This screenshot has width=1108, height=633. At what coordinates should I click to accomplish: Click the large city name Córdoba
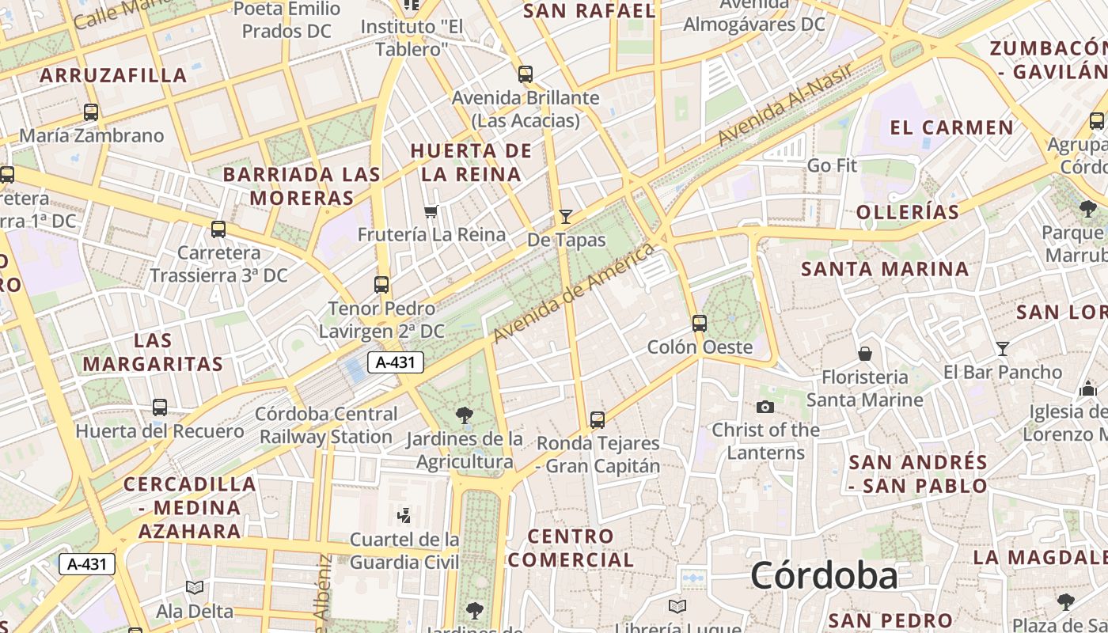(824, 575)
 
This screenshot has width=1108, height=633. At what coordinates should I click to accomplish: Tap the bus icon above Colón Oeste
(699, 323)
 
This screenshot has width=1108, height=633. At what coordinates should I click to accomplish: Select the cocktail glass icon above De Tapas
(565, 216)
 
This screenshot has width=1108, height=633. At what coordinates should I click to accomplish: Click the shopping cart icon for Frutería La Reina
(431, 211)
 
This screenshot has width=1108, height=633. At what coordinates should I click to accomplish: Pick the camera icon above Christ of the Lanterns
(765, 407)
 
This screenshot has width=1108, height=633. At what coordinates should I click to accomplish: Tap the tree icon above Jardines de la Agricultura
(465, 415)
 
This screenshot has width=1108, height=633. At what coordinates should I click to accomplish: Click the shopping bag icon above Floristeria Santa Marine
(865, 353)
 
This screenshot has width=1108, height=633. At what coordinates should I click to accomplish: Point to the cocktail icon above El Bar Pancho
(1003, 348)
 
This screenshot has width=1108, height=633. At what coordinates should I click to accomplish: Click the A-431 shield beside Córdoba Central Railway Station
(396, 363)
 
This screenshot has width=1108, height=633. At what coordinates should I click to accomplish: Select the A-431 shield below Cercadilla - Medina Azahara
(87, 564)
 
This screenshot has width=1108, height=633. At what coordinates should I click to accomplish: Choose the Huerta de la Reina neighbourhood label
(471, 162)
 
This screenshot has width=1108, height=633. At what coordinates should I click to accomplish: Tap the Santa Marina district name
(885, 269)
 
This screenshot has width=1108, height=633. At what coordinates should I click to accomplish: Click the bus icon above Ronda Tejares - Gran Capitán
(598, 419)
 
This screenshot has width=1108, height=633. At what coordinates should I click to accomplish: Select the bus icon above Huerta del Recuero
(160, 407)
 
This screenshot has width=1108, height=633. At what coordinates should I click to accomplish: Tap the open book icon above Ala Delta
(194, 588)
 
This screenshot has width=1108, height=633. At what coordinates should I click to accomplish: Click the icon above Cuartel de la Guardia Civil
(404, 516)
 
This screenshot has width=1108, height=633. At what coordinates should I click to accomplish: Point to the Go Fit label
(832, 165)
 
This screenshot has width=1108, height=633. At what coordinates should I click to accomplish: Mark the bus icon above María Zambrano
(91, 112)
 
